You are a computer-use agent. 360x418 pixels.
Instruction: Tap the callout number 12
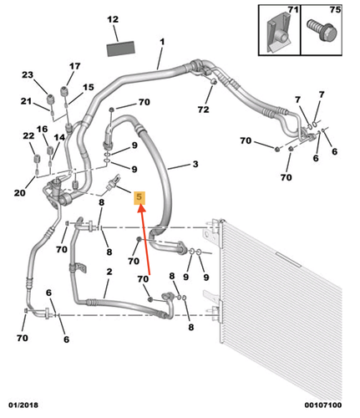point(114,18)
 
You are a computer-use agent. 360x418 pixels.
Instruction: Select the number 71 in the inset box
point(293,11)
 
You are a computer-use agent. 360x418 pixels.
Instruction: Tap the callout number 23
point(27,76)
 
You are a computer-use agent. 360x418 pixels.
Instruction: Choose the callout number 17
point(74,67)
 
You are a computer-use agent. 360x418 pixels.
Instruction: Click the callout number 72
point(204,110)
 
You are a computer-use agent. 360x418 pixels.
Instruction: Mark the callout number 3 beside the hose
point(195,165)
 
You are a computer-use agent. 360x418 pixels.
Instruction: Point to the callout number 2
point(109,273)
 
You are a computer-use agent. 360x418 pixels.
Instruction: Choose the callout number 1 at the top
point(162,41)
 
